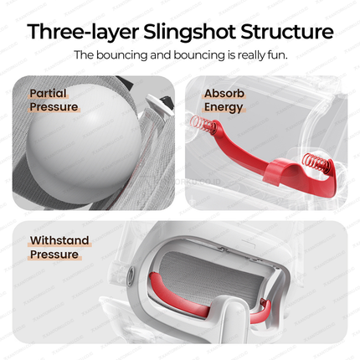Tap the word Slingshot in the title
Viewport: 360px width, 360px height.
point(190,32)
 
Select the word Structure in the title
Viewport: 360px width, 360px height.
point(287,31)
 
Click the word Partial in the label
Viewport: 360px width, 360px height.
point(48,93)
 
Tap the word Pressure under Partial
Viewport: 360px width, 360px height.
point(54,107)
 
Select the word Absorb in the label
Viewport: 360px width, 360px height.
point(224,94)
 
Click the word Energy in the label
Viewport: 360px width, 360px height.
point(224,108)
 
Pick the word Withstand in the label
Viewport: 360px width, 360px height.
point(59,240)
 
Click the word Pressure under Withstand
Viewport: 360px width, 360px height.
point(54,255)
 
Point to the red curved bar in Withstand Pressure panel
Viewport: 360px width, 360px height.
point(178,296)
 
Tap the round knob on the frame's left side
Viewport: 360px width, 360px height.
point(131,276)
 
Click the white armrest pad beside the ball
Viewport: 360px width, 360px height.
point(158,105)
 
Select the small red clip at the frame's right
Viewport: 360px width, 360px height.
point(263,301)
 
